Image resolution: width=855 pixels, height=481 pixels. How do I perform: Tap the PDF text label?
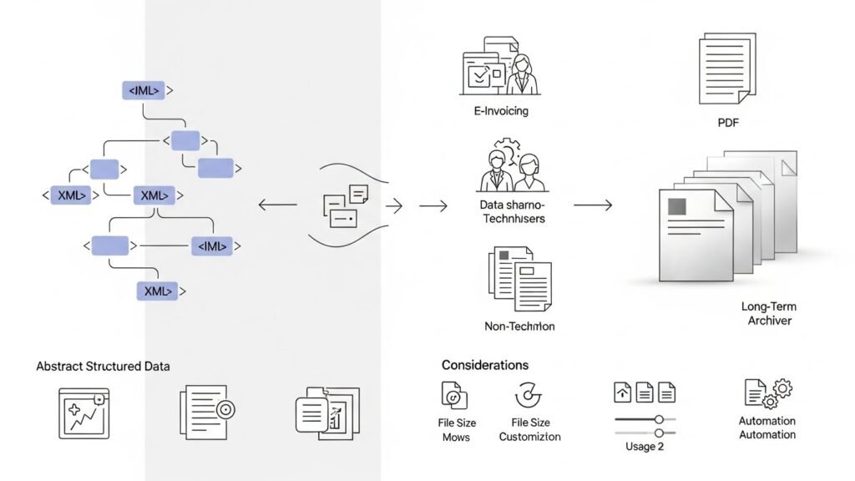click(728, 123)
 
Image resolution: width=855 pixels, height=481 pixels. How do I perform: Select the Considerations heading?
click(484, 365)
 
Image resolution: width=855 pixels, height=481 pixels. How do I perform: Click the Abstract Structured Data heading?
click(103, 367)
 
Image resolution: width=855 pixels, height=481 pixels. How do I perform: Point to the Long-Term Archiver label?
click(768, 314)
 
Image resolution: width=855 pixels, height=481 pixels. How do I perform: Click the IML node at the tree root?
click(144, 90)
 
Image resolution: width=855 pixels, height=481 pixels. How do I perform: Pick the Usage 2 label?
click(645, 446)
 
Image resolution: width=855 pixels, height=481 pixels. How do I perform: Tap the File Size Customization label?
click(529, 430)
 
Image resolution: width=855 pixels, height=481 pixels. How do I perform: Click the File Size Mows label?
click(456, 430)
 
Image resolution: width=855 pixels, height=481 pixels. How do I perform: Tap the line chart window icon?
click(83, 412)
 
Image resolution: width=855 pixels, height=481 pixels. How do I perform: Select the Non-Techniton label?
click(519, 327)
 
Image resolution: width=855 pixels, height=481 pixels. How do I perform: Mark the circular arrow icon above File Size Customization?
click(529, 394)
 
